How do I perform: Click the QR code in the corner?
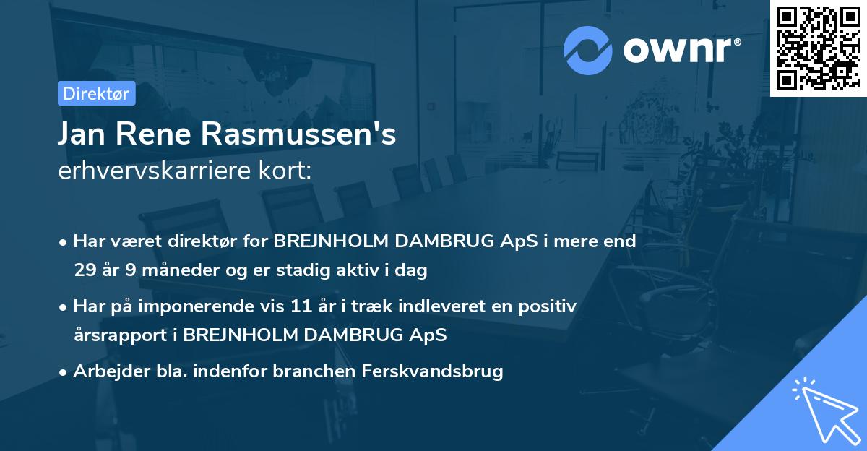(x=817, y=48)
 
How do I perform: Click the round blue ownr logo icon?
(x=589, y=48)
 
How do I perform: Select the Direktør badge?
(x=95, y=93)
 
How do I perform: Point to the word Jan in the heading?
(x=84, y=135)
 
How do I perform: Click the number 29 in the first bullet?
(x=84, y=271)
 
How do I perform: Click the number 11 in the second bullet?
(x=303, y=306)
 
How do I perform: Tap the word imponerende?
(x=192, y=306)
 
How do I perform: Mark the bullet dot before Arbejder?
(x=64, y=372)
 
